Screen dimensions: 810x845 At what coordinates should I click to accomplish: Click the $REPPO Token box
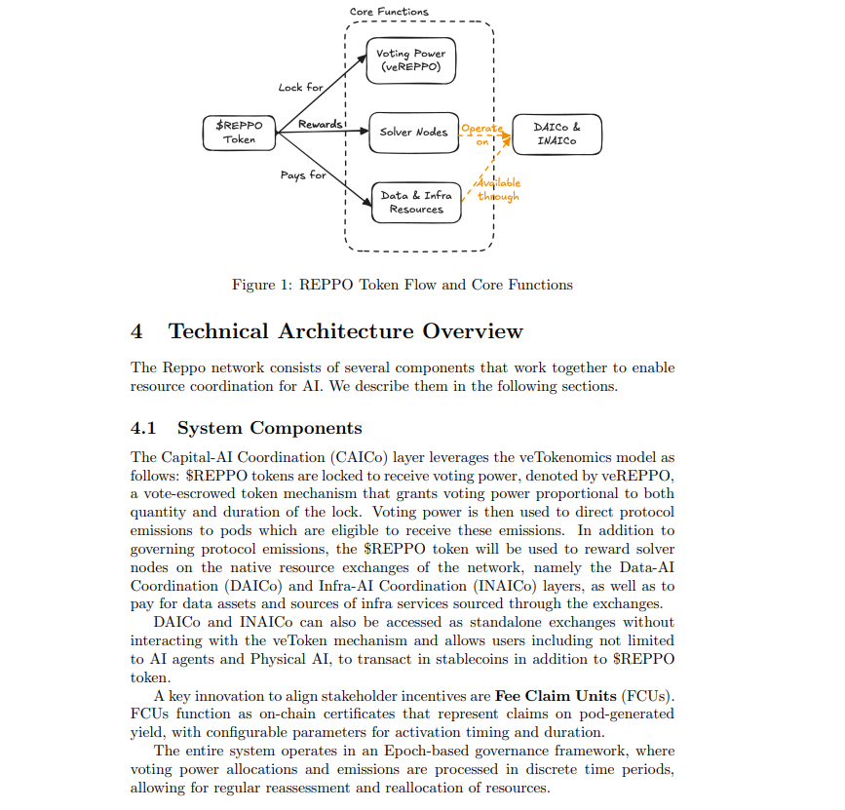pos(239,133)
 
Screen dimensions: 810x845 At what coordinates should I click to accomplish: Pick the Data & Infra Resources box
pos(416,202)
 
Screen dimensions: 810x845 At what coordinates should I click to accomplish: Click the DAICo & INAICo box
pos(557,134)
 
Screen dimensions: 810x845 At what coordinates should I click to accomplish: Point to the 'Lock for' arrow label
pos(300,87)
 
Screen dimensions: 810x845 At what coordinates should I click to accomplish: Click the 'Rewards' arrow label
pos(321,124)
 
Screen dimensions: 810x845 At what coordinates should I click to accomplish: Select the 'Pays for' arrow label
pos(304,175)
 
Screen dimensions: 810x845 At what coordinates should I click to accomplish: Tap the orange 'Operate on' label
pos(481,135)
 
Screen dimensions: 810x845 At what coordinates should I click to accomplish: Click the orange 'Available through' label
pos(498,189)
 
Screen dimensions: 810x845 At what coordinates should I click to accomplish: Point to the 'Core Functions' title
pos(389,12)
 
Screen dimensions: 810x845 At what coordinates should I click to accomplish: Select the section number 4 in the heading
pos(136,331)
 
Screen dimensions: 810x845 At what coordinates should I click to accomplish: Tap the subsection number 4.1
pos(143,428)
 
